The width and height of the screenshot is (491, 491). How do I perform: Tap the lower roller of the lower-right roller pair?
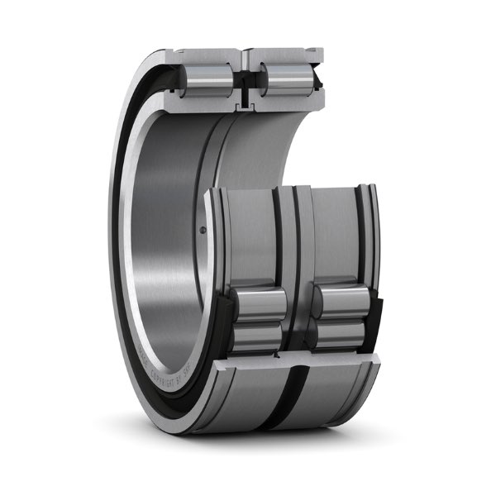coord(339,334)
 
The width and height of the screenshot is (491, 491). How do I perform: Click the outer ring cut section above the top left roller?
coord(207,57)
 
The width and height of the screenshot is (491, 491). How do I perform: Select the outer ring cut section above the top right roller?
coord(285,57)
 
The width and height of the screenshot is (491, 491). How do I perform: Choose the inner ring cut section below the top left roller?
coord(207,104)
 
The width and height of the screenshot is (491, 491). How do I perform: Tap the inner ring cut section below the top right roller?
coord(285,102)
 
